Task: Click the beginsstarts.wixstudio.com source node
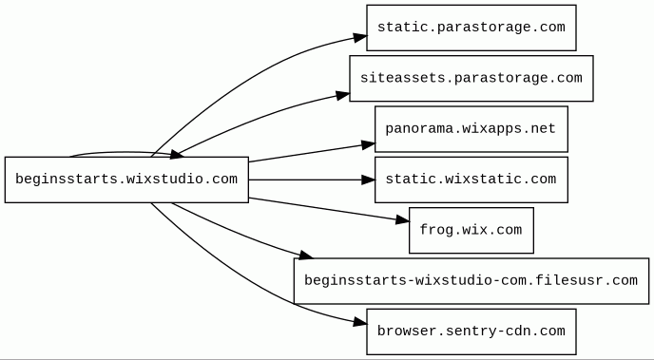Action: pyautogui.click(x=126, y=180)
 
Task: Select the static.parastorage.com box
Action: pyautogui.click(x=471, y=28)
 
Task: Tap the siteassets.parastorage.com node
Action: pyautogui.click(x=471, y=78)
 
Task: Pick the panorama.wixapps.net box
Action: pyautogui.click(x=471, y=129)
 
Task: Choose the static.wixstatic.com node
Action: pyautogui.click(x=471, y=180)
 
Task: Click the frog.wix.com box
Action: pyautogui.click(x=471, y=230)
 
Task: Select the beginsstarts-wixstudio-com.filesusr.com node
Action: pyautogui.click(x=471, y=281)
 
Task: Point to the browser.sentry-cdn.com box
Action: pyautogui.click(x=471, y=332)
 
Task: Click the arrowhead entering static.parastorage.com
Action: pyautogui.click(x=360, y=37)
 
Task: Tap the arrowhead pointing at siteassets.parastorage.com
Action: pyautogui.click(x=343, y=96)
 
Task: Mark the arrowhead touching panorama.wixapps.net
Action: pyautogui.click(x=368, y=145)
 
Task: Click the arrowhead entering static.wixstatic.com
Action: pyautogui.click(x=368, y=180)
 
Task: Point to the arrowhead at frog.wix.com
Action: pyautogui.click(x=402, y=219)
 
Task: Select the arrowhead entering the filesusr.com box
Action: pyautogui.click(x=306, y=255)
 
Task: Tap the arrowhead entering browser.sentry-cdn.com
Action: pyautogui.click(x=360, y=322)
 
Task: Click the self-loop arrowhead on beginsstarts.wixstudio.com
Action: pyautogui.click(x=176, y=155)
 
